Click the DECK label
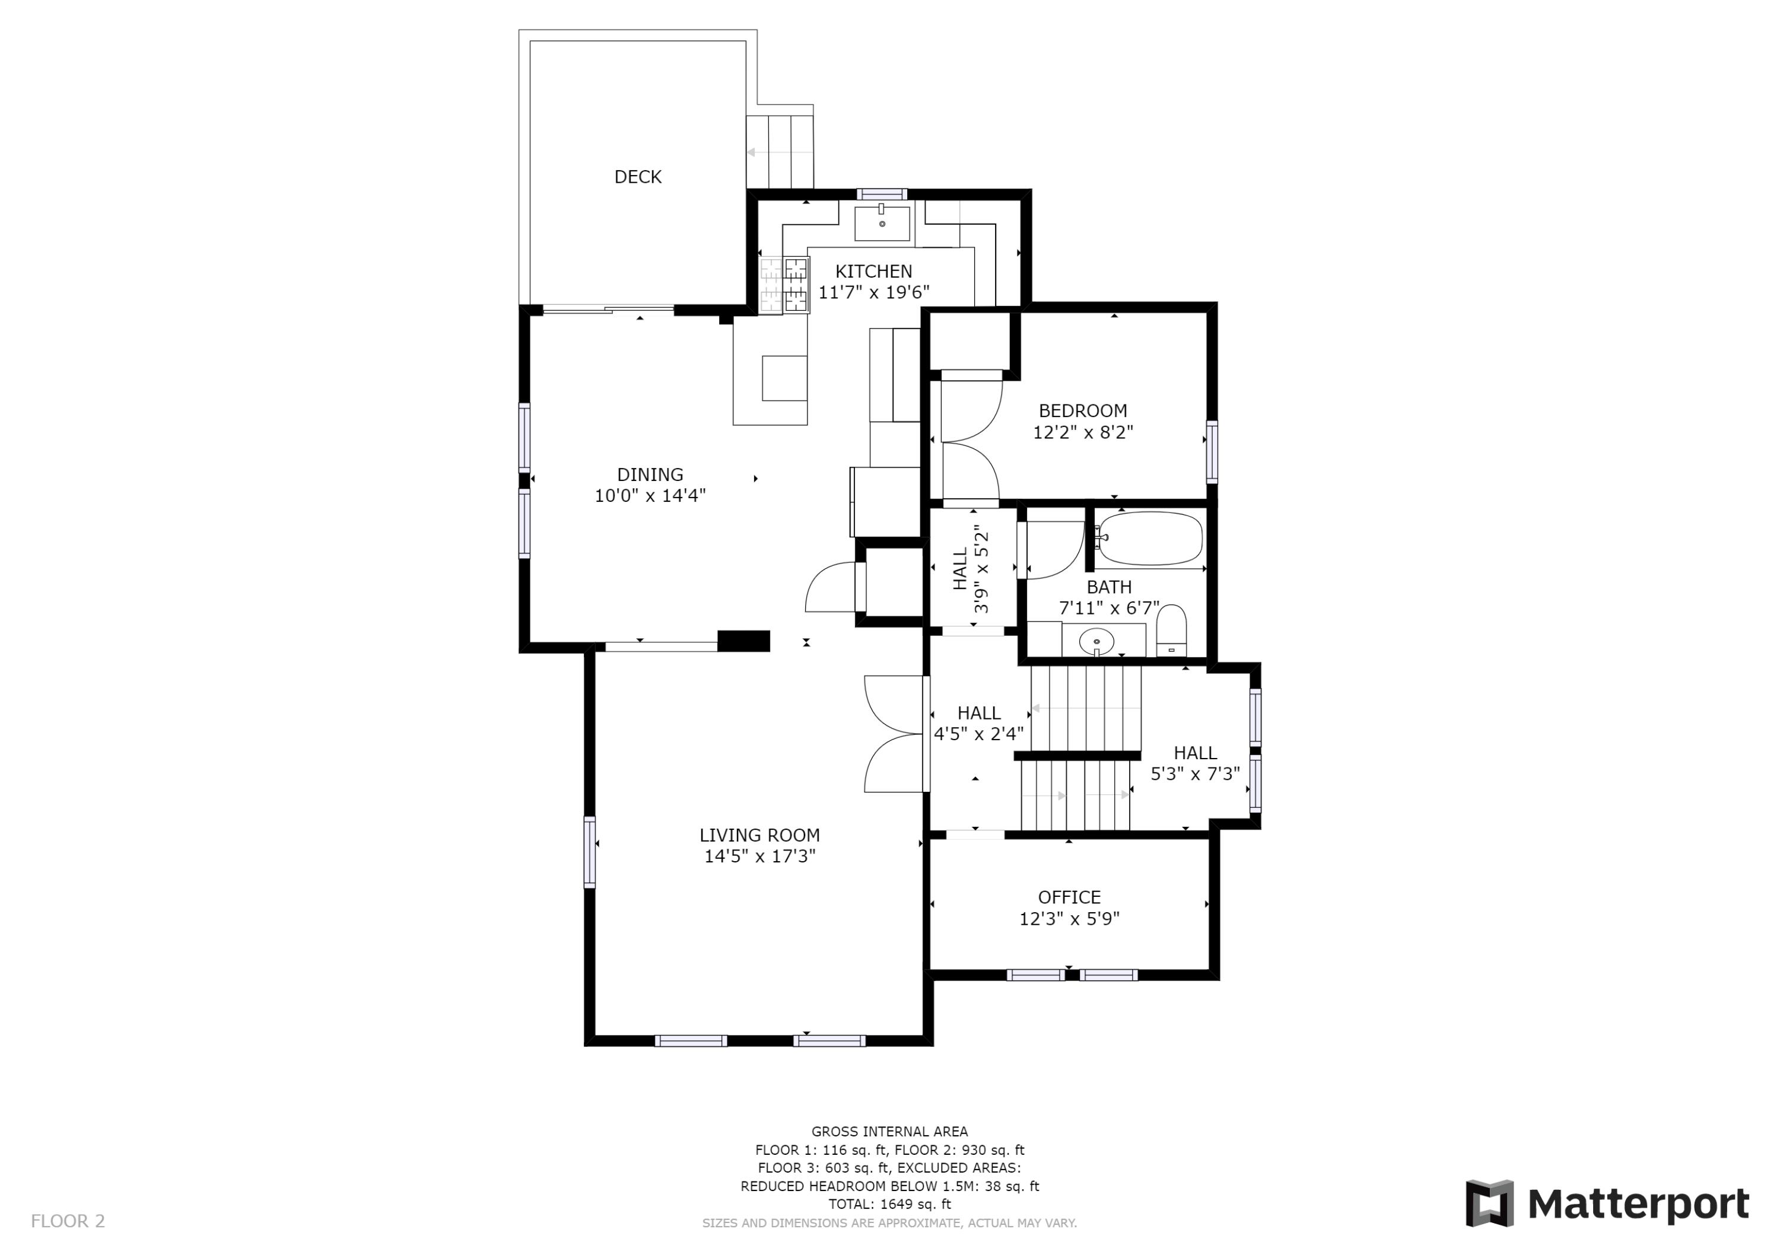[638, 177]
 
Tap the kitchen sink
[882, 223]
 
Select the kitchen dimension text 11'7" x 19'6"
[874, 292]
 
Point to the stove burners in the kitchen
[784, 285]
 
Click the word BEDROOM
[1083, 411]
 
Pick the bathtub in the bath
[1150, 538]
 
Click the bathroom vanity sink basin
[1097, 641]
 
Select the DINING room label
[650, 474]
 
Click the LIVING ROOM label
[759, 835]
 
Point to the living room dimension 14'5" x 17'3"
[759, 856]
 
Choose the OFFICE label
[1069, 897]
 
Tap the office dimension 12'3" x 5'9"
[1069, 919]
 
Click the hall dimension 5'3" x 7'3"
[1195, 773]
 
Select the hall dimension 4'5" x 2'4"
[978, 733]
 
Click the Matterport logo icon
[1489, 1203]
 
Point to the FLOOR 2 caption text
[68, 1221]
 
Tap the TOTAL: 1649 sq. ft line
[889, 1204]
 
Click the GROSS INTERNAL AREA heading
[889, 1132]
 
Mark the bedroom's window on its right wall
[1212, 452]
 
